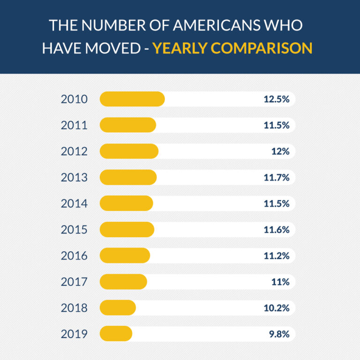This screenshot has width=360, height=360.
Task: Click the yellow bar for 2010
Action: pos(132,99)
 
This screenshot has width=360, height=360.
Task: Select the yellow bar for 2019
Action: pos(116,334)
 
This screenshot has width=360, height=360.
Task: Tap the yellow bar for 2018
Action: pos(118,308)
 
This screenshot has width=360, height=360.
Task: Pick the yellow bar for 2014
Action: pos(127,203)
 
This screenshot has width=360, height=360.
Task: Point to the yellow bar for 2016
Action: pos(125,256)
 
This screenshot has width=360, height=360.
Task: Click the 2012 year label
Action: pos(74,151)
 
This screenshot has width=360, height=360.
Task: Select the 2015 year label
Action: pos(74,230)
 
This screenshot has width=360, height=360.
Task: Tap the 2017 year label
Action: pos(74,282)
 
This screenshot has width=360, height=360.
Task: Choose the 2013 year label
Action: pos(74,178)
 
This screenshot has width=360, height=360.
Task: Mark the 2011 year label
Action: pos(74,126)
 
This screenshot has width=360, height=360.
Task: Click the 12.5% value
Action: pos(276,99)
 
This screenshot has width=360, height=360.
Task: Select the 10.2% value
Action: pos(276,308)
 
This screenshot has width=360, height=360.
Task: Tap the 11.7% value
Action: pos(276,178)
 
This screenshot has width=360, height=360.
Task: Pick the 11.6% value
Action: pos(276,230)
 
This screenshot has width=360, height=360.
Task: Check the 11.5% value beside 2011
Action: pos(276,126)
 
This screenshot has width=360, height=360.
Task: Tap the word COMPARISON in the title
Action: pos(265,48)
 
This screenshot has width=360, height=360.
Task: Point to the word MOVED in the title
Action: pos(111,48)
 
